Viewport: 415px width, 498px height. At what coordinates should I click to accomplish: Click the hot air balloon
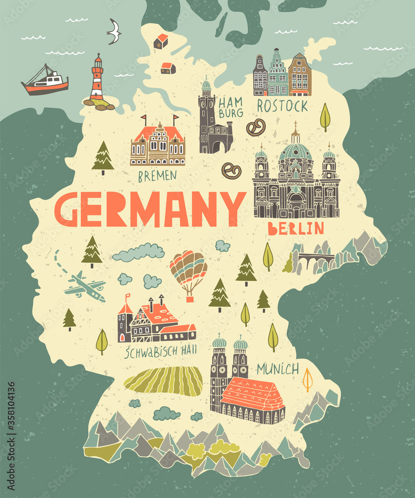[188, 271]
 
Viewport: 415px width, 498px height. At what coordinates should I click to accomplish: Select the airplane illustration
[85, 286]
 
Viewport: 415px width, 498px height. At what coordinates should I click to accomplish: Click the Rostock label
[282, 106]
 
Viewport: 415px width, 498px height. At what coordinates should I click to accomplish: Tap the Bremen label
[157, 175]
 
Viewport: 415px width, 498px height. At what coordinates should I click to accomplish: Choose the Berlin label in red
[296, 229]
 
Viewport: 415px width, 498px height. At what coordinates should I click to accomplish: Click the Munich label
[278, 369]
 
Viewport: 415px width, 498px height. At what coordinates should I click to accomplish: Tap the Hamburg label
[230, 108]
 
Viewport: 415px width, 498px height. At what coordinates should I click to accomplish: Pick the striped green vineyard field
[164, 381]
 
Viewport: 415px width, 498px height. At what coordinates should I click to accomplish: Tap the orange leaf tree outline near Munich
[308, 379]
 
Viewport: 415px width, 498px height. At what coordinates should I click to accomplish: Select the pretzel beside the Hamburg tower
[256, 128]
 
